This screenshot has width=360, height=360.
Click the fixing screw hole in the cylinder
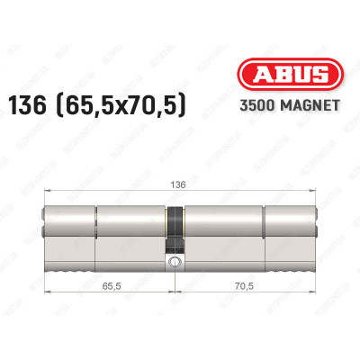tap(174, 264)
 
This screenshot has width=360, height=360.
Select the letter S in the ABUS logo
tap(304, 76)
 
